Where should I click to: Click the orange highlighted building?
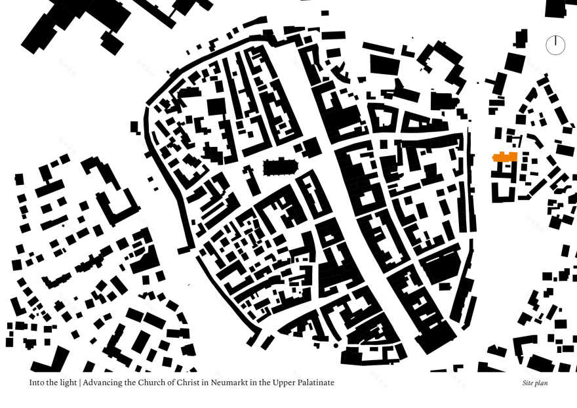tap(505, 157)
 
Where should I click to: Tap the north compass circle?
tap(555, 45)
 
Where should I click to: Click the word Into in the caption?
tap(37, 382)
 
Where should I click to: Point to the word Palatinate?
tap(315, 382)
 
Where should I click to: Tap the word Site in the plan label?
tap(528, 382)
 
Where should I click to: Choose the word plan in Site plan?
tap(542, 383)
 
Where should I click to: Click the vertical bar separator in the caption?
tap(80, 382)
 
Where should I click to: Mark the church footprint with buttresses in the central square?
tap(280, 168)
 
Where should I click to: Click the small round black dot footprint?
tap(336, 345)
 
